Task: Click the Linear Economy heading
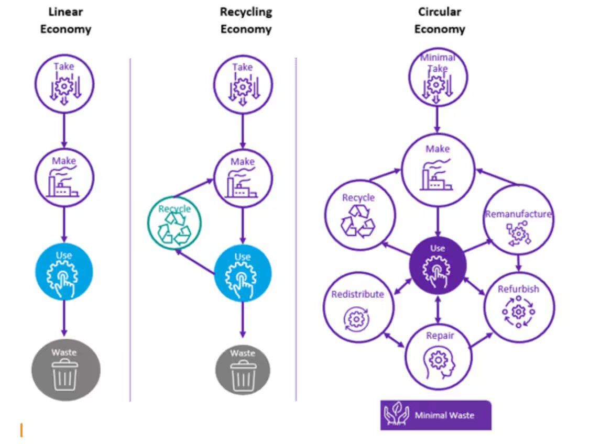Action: pyautogui.click(x=66, y=20)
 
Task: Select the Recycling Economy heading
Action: pyautogui.click(x=246, y=20)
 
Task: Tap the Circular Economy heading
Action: pyautogui.click(x=439, y=20)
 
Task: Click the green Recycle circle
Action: pyautogui.click(x=174, y=223)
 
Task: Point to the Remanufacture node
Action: pyautogui.click(x=518, y=220)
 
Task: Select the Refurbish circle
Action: pyautogui.click(x=518, y=306)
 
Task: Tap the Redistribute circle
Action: pyautogui.click(x=358, y=309)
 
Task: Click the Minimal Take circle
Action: pyautogui.click(x=437, y=76)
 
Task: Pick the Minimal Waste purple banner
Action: pyautogui.click(x=436, y=415)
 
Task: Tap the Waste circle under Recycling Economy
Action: pyautogui.click(x=243, y=370)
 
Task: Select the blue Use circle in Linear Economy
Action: pyautogui.click(x=64, y=271)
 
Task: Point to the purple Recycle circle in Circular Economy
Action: pyautogui.click(x=358, y=216)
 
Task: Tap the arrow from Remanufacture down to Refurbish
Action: pyautogui.click(x=518, y=261)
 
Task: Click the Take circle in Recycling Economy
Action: pyautogui.click(x=242, y=84)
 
